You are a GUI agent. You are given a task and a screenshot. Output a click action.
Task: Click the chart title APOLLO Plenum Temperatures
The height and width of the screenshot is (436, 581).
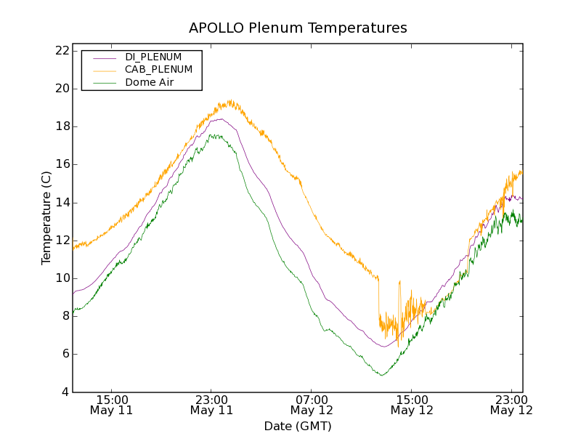pyautogui.click(x=298, y=28)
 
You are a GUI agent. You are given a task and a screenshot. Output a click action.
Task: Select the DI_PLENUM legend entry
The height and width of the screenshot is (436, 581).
pyautogui.click(x=153, y=57)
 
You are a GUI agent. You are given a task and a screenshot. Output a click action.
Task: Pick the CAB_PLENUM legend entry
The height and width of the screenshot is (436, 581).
pyautogui.click(x=158, y=70)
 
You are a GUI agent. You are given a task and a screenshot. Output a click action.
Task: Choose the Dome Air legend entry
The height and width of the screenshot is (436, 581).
pyautogui.click(x=150, y=83)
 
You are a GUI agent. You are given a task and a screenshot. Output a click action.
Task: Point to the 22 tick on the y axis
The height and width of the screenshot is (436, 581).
pyautogui.click(x=62, y=51)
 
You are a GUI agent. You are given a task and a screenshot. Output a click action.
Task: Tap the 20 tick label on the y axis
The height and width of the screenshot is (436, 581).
pyautogui.click(x=62, y=89)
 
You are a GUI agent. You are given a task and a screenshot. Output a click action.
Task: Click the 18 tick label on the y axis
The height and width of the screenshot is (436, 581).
pyautogui.click(x=62, y=126)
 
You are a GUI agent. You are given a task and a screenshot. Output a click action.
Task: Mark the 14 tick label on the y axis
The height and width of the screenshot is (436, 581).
pyautogui.click(x=62, y=203)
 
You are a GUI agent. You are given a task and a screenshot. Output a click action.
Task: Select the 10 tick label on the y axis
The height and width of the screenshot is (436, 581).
pyautogui.click(x=62, y=278)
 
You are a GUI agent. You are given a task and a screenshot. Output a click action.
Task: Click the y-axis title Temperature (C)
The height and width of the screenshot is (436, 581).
pyautogui.click(x=46, y=218)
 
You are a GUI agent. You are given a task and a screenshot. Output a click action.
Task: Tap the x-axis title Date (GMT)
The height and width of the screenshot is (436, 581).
pyautogui.click(x=298, y=426)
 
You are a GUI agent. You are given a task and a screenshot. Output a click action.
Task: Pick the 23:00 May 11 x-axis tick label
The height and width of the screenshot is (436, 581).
pyautogui.click(x=211, y=405)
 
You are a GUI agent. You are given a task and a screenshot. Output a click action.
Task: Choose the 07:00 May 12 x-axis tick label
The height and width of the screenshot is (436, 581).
pyautogui.click(x=312, y=405)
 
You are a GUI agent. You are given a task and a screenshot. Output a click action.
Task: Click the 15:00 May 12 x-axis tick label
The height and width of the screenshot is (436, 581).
pyautogui.click(x=412, y=405)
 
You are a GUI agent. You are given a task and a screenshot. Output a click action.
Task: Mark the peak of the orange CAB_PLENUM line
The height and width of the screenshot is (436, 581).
pyautogui.click(x=229, y=101)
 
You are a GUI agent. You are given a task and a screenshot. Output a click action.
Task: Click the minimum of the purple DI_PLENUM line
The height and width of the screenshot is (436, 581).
pyautogui.click(x=384, y=347)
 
